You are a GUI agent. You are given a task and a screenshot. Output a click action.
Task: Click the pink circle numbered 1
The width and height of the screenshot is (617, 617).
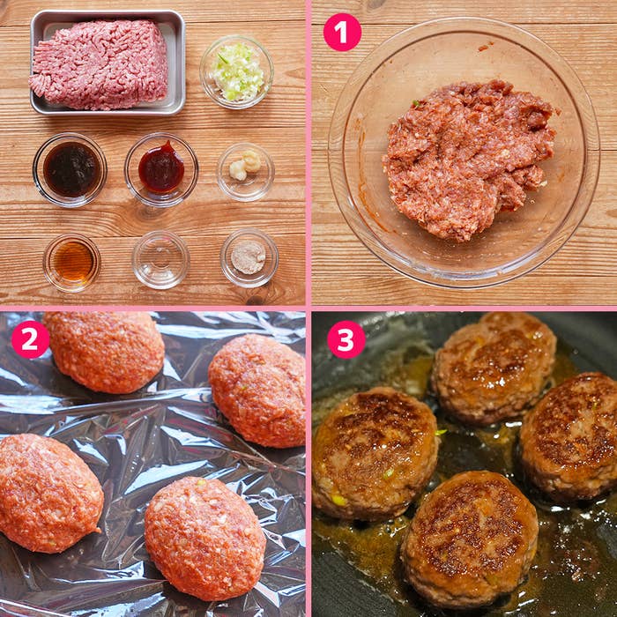pyautogui.click(x=342, y=33)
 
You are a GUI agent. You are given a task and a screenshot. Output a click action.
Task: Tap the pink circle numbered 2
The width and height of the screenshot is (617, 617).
pyautogui.click(x=30, y=339)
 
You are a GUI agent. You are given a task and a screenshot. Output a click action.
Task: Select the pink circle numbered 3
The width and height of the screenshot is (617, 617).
pyautogui.click(x=346, y=339)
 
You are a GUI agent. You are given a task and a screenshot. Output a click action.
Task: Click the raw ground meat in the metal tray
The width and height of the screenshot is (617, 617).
pyautogui.click(x=99, y=64)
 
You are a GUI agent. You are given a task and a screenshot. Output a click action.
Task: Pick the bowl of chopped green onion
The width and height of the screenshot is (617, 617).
pyautogui.click(x=236, y=72)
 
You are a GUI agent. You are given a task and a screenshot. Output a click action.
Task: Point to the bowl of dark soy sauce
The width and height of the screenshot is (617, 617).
pyautogui.click(x=70, y=169)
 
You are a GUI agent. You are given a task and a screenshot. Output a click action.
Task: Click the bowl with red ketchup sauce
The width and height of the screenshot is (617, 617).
pyautogui.click(x=161, y=169)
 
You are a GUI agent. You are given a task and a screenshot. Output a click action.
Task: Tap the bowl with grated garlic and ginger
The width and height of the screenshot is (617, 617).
pyautogui.click(x=246, y=172)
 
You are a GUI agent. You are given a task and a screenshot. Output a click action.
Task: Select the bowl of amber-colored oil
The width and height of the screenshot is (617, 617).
pyautogui.click(x=72, y=263)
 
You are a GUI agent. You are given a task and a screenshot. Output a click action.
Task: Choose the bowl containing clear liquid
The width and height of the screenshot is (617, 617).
pyautogui.click(x=160, y=260)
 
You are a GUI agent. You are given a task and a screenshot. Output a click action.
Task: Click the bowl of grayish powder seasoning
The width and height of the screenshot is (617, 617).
pyautogui.click(x=249, y=257)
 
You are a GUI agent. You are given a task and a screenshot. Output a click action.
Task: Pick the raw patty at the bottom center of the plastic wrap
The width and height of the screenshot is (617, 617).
pyautogui.click(x=205, y=539)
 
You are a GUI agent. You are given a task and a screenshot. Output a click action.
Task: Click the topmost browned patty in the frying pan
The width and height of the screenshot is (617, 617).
pyautogui.click(x=494, y=367)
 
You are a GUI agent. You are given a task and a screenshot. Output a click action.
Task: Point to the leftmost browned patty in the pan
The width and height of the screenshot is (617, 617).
pyautogui.click(x=375, y=452)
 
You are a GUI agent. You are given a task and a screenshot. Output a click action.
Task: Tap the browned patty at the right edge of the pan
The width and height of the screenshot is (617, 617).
pyautogui.click(x=570, y=435)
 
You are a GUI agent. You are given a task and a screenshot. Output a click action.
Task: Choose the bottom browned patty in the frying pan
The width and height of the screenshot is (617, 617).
pyautogui.click(x=470, y=538)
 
